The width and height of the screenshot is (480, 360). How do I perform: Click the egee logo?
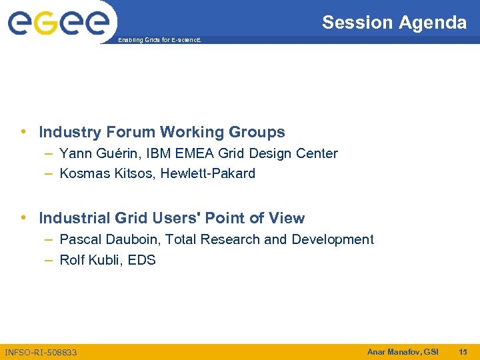(58, 23)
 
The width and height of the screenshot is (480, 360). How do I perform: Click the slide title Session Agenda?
(394, 23)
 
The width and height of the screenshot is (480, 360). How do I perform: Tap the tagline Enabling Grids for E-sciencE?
(159, 41)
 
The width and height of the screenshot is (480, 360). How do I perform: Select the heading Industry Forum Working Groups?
(162, 132)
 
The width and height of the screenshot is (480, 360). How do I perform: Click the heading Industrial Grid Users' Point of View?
(172, 218)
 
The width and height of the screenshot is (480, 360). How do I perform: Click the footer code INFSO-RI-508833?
(41, 352)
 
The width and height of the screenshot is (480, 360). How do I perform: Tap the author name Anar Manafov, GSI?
(403, 351)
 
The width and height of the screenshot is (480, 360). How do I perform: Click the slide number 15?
(463, 351)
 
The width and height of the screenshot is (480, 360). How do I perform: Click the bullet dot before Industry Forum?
(24, 132)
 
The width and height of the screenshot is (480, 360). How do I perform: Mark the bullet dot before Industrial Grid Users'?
(24, 218)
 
